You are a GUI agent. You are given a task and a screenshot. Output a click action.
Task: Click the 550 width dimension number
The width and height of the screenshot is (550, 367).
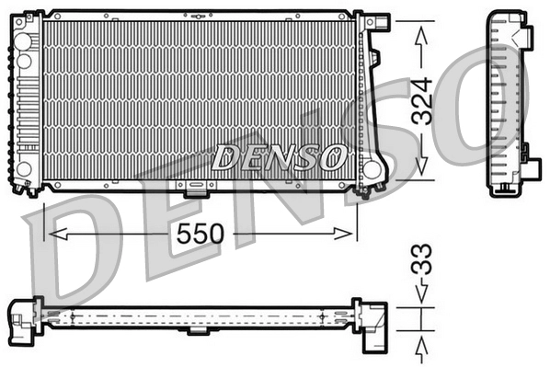pyautogui.click(x=201, y=234)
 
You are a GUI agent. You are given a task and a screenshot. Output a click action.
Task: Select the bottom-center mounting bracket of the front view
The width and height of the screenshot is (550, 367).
pyautogui.click(x=196, y=189)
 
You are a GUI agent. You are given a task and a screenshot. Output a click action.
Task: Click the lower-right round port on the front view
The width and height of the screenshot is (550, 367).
pyautogui.click(x=372, y=170)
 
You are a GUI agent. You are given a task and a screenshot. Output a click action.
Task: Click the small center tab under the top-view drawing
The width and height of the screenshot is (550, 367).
pyautogui.click(x=198, y=329)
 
